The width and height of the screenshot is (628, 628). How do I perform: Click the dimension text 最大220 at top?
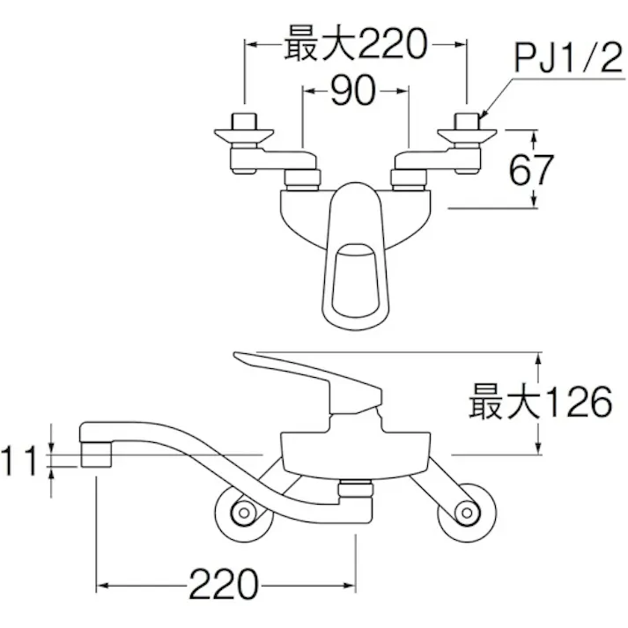(x=353, y=43)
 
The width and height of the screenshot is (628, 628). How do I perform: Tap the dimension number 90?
(x=356, y=91)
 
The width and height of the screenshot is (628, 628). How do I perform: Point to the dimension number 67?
(x=532, y=169)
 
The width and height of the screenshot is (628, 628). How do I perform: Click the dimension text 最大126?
(x=539, y=403)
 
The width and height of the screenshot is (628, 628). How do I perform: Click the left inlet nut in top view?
(x=242, y=120)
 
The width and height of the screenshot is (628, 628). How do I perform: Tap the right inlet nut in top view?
(x=466, y=120)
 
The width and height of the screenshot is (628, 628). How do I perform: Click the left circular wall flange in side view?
(x=239, y=511)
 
